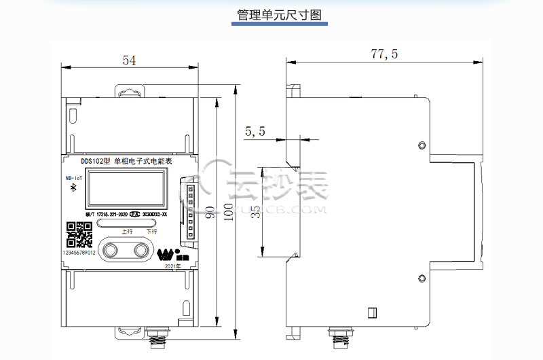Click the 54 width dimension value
pyautogui.click(x=129, y=60)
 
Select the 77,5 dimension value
pyautogui.click(x=384, y=54)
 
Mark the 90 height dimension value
pyautogui.click(x=211, y=212)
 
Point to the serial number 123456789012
pyautogui.click(x=79, y=252)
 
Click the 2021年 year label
pyautogui.click(x=173, y=266)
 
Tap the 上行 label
pyautogui.click(x=127, y=231)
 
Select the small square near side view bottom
pyautogui.click(x=371, y=312)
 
